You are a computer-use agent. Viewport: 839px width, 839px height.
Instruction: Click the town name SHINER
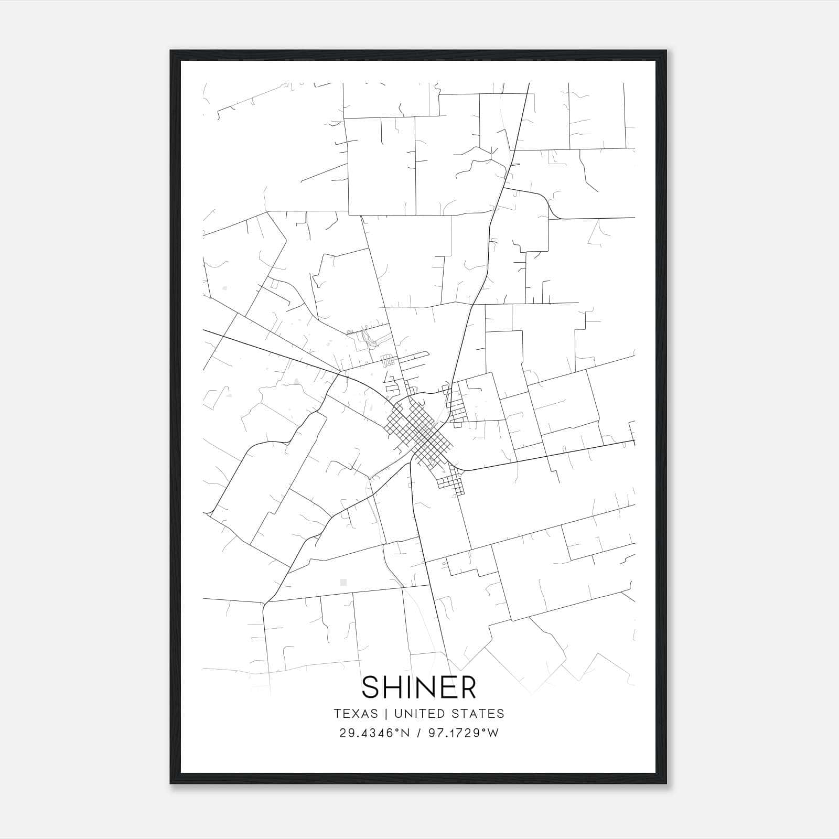(x=419, y=687)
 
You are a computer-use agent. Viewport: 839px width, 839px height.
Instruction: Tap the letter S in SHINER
(x=371, y=687)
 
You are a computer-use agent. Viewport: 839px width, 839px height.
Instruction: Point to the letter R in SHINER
(x=468, y=687)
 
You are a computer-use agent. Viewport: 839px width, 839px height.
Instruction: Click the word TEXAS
(x=356, y=713)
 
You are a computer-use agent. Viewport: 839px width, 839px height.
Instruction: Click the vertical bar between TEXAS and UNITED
(x=386, y=713)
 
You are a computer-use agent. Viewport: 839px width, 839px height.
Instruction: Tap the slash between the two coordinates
(x=418, y=733)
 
